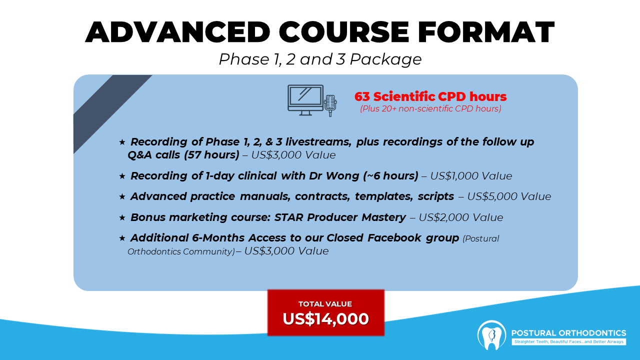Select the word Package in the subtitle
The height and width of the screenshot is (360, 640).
(385, 59)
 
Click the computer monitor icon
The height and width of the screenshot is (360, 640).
(305, 100)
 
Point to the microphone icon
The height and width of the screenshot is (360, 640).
(330, 105)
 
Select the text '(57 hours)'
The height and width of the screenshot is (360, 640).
(211, 155)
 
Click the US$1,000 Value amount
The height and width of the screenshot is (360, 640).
(471, 176)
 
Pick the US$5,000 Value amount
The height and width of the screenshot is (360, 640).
(509, 196)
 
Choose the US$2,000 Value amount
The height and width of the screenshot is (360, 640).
(461, 217)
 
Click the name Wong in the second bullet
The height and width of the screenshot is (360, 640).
(342, 175)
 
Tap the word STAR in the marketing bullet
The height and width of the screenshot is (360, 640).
(288, 217)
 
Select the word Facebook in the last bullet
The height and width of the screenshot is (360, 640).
(394, 237)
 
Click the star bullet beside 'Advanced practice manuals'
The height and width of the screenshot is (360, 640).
(122, 196)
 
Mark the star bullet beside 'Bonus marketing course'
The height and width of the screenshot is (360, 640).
(122, 217)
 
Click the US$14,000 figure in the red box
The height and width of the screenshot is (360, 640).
(325, 318)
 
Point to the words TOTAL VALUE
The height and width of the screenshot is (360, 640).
(325, 303)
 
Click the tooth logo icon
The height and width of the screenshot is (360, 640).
(491, 335)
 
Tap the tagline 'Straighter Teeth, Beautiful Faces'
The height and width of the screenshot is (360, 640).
(543, 341)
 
